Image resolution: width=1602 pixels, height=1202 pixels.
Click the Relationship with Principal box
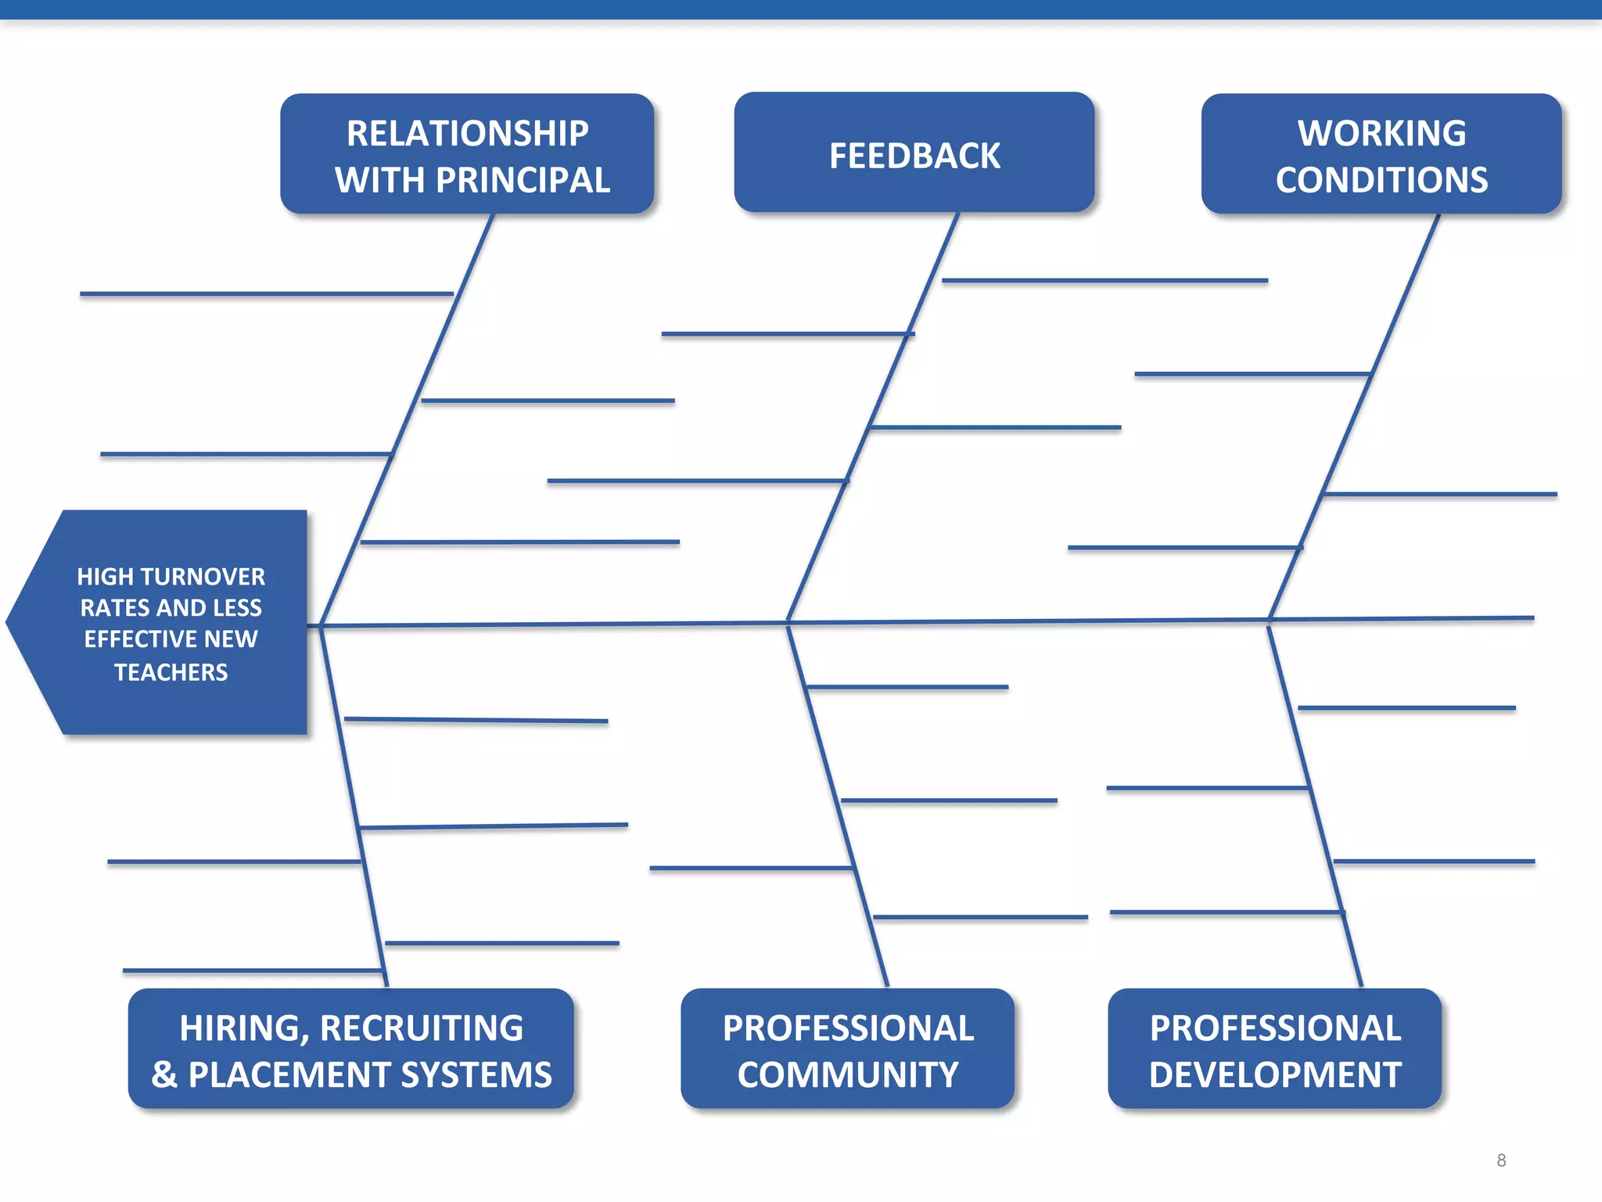[x=467, y=154]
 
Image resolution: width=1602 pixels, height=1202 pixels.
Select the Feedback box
[x=914, y=153]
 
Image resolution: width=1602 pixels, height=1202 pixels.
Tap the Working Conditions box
[x=1381, y=154]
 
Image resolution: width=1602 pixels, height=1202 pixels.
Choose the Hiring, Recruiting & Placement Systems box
[x=351, y=1049]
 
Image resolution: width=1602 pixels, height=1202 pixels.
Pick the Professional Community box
[x=847, y=1049]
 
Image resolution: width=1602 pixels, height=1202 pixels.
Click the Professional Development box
[x=1274, y=1049]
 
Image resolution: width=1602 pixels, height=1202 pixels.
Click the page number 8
[x=1501, y=1161]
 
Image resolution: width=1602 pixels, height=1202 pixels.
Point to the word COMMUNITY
[x=847, y=1074]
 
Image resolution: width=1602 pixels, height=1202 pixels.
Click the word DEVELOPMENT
[x=1274, y=1074]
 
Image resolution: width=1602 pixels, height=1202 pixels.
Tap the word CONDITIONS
[x=1381, y=180]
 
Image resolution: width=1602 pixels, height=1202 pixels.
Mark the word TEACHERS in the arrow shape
[x=171, y=672]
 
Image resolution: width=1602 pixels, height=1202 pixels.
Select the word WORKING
[x=1381, y=133]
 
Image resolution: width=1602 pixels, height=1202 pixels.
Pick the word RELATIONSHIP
[x=467, y=133]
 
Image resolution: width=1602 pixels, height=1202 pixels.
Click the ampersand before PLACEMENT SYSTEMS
[x=164, y=1074]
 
